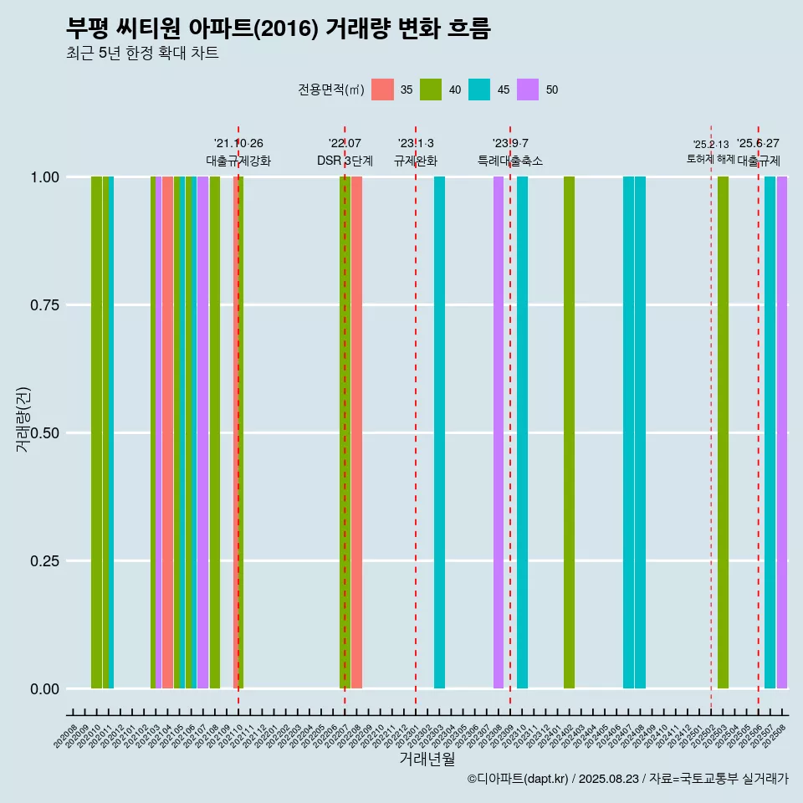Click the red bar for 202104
tap(167, 432)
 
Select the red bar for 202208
tap(357, 432)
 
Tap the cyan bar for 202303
tap(439, 432)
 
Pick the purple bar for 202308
tap(499, 432)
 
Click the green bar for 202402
tap(569, 432)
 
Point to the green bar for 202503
tap(723, 432)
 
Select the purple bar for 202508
tap(782, 432)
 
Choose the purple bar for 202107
tap(202, 432)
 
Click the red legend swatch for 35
tap(382, 90)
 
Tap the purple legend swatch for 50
tap(528, 90)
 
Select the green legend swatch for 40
tap(431, 90)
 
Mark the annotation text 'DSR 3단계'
tap(345, 161)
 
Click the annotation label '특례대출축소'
tap(510, 161)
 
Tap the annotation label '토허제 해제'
tap(710, 158)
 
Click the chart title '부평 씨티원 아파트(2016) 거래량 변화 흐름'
tap(279, 28)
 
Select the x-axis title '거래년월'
tap(427, 759)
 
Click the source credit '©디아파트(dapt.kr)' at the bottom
tap(517, 779)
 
